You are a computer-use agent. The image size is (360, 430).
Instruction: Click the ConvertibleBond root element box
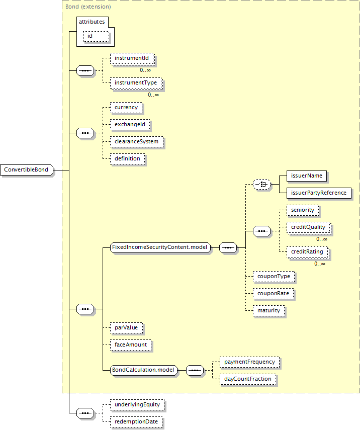(x=26, y=170)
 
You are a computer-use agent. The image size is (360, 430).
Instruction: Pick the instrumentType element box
(x=136, y=82)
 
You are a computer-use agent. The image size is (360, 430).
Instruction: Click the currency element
(x=126, y=108)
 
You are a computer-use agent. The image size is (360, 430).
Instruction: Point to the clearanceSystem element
(x=136, y=142)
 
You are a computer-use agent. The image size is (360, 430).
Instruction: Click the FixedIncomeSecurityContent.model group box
(x=160, y=247)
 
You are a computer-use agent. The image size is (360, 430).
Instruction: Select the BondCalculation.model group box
(x=144, y=370)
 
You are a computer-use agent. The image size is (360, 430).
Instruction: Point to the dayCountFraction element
(x=248, y=379)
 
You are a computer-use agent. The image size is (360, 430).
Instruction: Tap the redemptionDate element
(x=137, y=421)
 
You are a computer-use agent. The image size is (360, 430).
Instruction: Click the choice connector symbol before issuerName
(x=261, y=185)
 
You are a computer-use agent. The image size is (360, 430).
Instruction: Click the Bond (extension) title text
(x=88, y=7)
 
